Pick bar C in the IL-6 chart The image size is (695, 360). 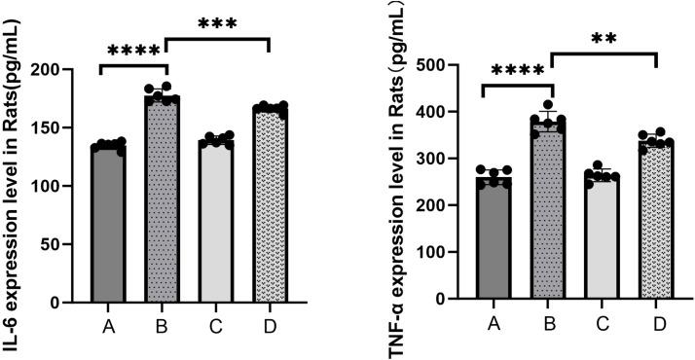click(216, 224)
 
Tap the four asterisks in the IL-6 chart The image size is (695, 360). click(133, 52)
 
